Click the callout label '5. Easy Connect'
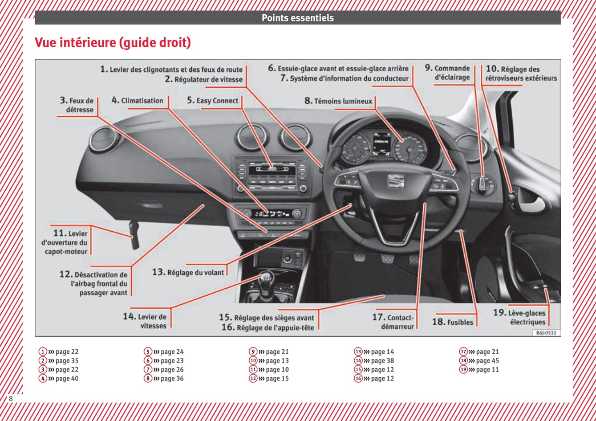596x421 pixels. (x=213, y=101)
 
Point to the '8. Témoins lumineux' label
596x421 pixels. (x=338, y=101)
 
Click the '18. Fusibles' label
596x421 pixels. (x=453, y=322)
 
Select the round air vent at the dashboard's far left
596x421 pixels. (x=104, y=139)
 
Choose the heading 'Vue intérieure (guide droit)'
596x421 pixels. (x=113, y=43)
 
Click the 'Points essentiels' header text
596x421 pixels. (x=297, y=18)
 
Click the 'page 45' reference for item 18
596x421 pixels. (x=487, y=361)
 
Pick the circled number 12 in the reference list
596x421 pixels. (x=253, y=379)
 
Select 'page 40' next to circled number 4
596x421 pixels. (x=67, y=379)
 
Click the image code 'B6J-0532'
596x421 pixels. (x=546, y=333)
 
